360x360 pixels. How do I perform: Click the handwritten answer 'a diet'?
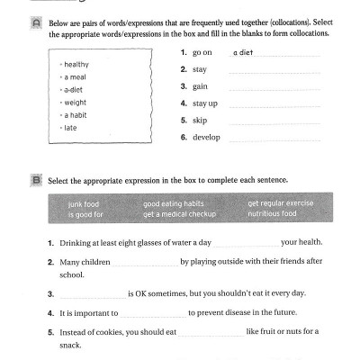243,53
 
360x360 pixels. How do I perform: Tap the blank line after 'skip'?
274,122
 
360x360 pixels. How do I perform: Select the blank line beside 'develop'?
274,139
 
